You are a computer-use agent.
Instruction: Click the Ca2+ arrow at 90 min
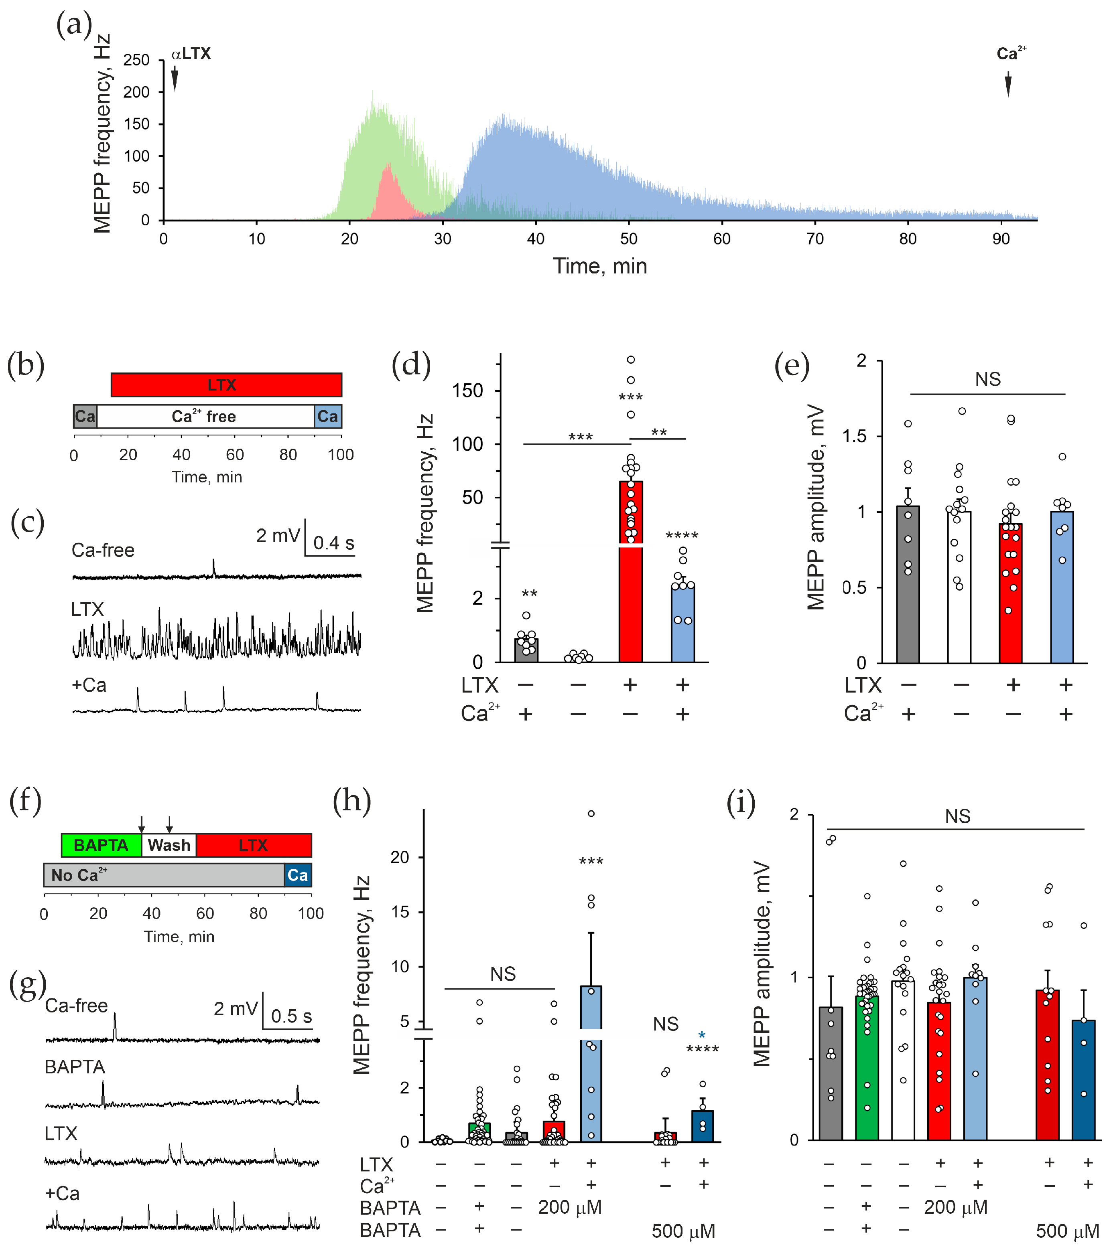pyautogui.click(x=1007, y=85)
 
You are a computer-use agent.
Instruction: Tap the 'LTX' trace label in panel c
pyautogui.click(x=87, y=609)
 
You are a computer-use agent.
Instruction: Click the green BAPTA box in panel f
pyautogui.click(x=101, y=845)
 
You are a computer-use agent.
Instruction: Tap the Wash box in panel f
pyautogui.click(x=169, y=845)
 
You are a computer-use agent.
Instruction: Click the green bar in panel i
pyautogui.click(x=867, y=1068)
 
